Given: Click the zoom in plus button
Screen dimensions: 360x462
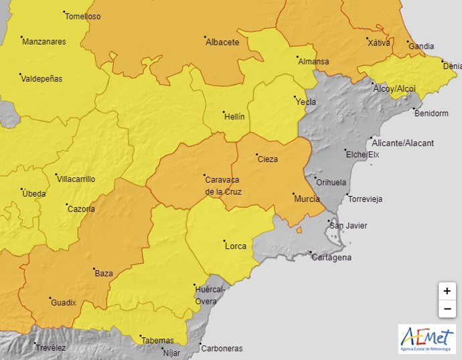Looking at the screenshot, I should pos(447,292).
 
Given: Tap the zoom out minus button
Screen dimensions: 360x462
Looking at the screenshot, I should pos(447,308).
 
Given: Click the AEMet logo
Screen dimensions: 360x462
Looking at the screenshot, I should pos(427,339).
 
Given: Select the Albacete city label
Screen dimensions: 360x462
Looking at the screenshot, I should pos(222,42).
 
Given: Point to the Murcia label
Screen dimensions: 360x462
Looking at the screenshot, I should pos(306,199).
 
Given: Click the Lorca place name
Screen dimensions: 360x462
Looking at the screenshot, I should pos(236,246).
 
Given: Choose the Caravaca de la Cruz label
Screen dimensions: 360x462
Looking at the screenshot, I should pos(223,185).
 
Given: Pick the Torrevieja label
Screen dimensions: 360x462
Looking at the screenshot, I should pos(365,199).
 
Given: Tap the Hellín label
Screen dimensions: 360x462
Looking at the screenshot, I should pos(234,116).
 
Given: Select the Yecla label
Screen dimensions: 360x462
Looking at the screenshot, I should pos(305,102).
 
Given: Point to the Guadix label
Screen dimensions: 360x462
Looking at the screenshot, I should pos(64,303).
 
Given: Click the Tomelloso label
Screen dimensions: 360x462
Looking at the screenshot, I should pos(84,17).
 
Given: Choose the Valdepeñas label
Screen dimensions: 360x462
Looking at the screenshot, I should pos(42,79).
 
